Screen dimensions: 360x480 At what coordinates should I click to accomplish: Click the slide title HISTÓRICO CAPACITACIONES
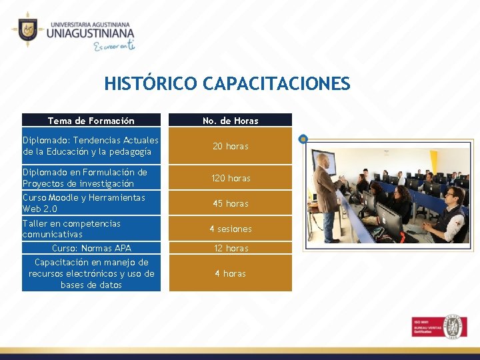coord(227,83)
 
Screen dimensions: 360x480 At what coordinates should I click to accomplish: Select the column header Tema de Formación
coord(91,121)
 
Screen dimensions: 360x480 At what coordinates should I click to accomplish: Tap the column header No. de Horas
coord(230,121)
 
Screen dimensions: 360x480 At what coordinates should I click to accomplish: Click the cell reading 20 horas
coord(230,146)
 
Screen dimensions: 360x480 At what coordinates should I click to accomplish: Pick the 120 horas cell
coord(230,178)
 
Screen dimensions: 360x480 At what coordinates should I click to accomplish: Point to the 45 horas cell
coord(230,203)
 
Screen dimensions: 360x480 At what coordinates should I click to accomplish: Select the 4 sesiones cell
coord(230,229)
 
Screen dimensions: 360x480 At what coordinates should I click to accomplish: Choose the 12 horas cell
coord(230,248)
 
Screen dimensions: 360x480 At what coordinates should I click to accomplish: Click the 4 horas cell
coord(230,273)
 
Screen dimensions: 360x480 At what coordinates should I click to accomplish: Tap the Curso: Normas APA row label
coord(91,248)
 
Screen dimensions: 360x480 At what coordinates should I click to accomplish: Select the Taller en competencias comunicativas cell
coord(91,229)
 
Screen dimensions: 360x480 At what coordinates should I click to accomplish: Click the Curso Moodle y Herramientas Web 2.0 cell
coord(91,203)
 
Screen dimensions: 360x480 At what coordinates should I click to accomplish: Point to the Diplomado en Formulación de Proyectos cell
coord(91,178)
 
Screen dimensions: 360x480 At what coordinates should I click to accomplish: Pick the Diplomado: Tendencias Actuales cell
coord(91,146)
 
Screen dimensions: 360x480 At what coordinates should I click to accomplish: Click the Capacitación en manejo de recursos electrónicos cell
coord(91,273)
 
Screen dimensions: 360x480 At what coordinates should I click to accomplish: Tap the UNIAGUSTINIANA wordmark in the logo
coord(90,33)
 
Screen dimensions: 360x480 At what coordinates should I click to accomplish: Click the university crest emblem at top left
coord(27,29)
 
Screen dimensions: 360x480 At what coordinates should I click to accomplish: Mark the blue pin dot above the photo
coord(303,139)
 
